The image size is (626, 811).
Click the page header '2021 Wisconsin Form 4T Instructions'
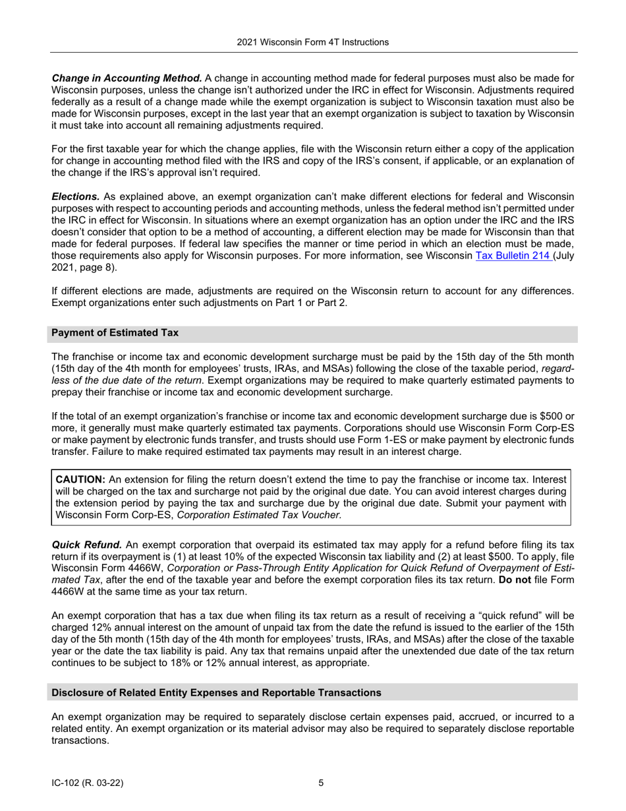[313, 42]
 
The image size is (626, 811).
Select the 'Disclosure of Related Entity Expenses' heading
[216, 692]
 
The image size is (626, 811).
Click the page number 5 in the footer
[321, 783]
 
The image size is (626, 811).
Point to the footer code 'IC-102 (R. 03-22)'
[88, 783]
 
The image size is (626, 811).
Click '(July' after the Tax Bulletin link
[564, 256]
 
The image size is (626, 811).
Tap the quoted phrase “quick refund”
[487, 615]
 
